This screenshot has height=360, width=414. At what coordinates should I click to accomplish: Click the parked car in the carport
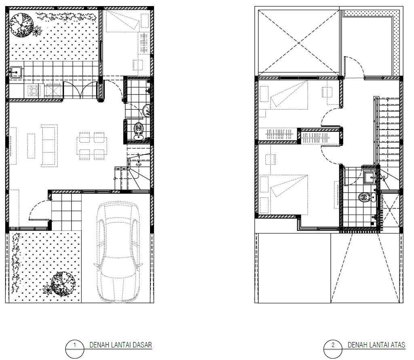pyautogui.click(x=118, y=252)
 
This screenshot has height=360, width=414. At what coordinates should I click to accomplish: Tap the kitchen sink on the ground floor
pyautogui.click(x=16, y=72)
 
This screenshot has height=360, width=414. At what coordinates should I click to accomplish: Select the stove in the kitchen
pyautogui.click(x=34, y=91)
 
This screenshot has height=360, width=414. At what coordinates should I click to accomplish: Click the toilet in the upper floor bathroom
pyautogui.click(x=367, y=197)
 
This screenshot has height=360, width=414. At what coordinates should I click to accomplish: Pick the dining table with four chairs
pyautogui.click(x=92, y=146)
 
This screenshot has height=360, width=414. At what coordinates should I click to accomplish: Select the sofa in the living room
pyautogui.click(x=49, y=146)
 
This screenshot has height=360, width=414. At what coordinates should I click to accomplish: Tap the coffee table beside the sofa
pyautogui.click(x=31, y=146)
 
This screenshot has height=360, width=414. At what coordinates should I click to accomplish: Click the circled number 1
pyautogui.click(x=75, y=345)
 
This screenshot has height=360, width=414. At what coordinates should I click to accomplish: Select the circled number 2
pyautogui.click(x=333, y=345)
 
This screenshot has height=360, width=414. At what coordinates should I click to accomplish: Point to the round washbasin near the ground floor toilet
pyautogui.click(x=146, y=110)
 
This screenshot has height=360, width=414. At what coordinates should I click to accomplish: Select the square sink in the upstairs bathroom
pyautogui.click(x=370, y=177)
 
